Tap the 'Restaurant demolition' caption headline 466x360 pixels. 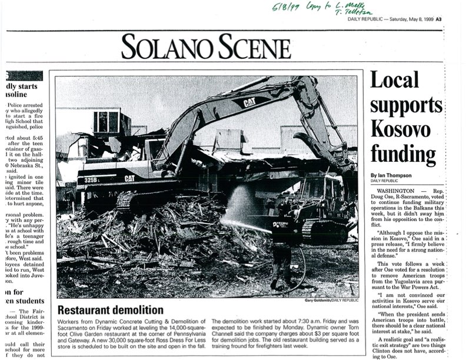110,310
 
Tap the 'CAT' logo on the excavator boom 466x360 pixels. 241,102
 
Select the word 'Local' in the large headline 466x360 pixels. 394,79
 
